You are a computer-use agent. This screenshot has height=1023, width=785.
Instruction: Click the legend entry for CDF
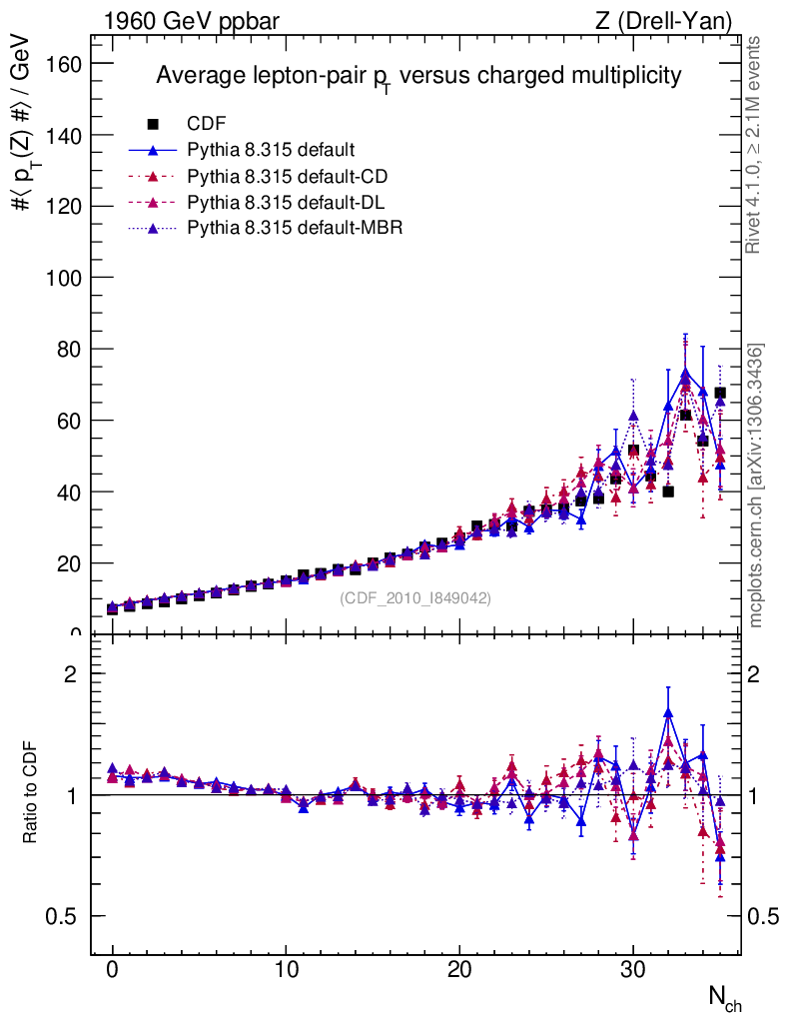click(207, 124)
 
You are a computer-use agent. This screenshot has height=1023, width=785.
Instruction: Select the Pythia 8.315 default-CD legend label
click(287, 177)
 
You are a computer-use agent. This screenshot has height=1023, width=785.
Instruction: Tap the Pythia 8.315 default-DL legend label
click(286, 203)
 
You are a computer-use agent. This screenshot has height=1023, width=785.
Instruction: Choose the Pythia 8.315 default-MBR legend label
click(295, 229)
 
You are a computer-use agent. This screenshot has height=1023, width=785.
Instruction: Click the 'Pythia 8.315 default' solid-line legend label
click(271, 151)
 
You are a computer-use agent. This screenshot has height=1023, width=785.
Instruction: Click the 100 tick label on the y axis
click(65, 278)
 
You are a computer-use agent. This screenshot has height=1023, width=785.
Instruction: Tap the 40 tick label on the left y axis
click(70, 493)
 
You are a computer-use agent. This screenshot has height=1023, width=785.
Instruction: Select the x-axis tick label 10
click(286, 969)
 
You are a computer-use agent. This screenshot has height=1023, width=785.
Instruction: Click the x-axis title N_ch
click(724, 997)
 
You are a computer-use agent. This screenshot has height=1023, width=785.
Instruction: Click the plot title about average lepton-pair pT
click(418, 76)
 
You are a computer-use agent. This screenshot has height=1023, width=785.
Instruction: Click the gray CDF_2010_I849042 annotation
click(415, 598)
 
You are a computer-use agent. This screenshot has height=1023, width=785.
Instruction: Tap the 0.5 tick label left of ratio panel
click(65, 917)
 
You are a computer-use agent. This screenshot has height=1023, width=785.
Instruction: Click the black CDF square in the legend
click(153, 124)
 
